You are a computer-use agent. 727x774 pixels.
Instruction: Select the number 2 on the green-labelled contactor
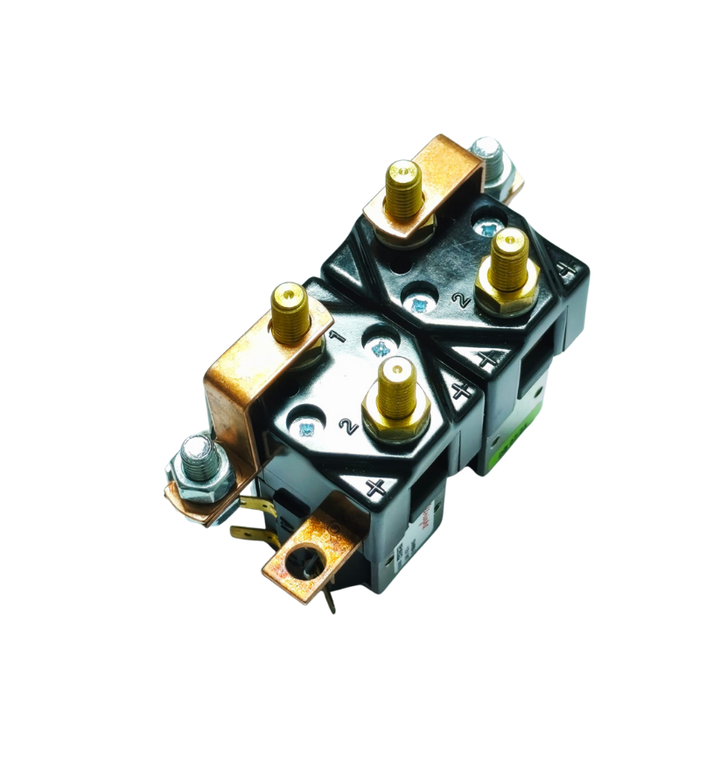pos(457,300)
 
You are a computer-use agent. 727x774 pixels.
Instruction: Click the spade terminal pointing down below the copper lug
pos(331,599)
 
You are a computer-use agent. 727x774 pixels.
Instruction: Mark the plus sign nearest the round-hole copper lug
pos(377,488)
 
